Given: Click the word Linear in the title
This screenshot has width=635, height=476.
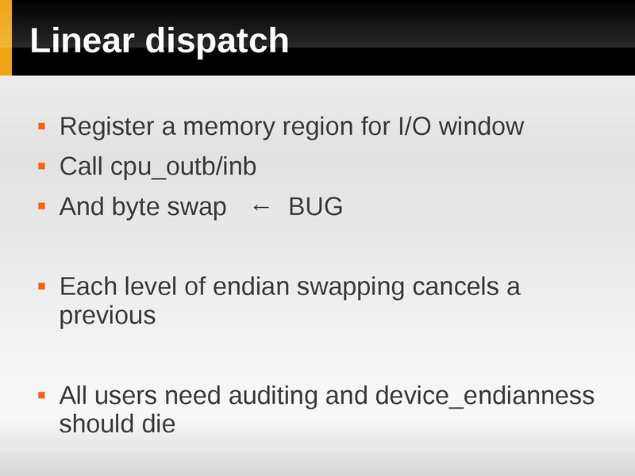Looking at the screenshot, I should [82, 40].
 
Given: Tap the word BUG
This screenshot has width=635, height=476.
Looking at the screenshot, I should [315, 207].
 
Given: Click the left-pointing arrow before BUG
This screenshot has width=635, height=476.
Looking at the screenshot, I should [260, 207].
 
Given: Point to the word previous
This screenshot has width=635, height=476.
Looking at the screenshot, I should [107, 317].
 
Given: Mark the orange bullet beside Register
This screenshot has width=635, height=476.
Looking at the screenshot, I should [42, 125].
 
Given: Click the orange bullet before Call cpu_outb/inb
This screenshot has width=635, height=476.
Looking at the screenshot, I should [42, 167].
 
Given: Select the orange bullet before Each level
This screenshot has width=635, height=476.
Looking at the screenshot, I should [42, 286].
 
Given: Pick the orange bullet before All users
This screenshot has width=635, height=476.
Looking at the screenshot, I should [42, 394].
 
